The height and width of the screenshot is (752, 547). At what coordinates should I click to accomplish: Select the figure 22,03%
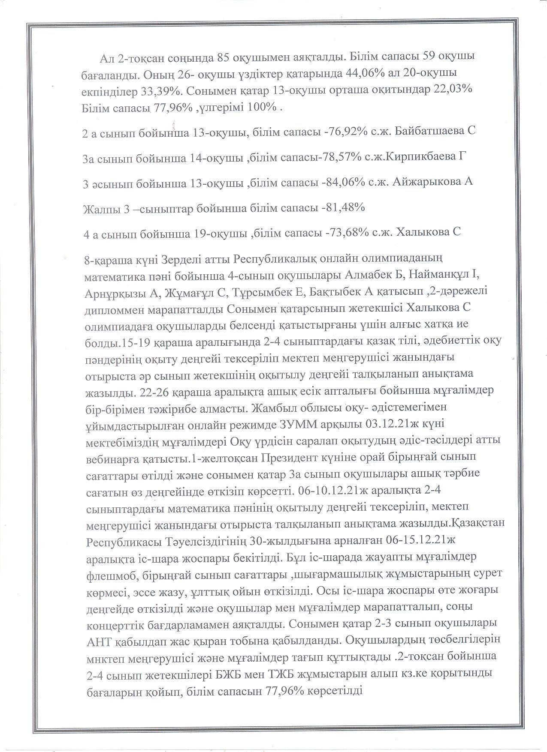click(451, 91)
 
